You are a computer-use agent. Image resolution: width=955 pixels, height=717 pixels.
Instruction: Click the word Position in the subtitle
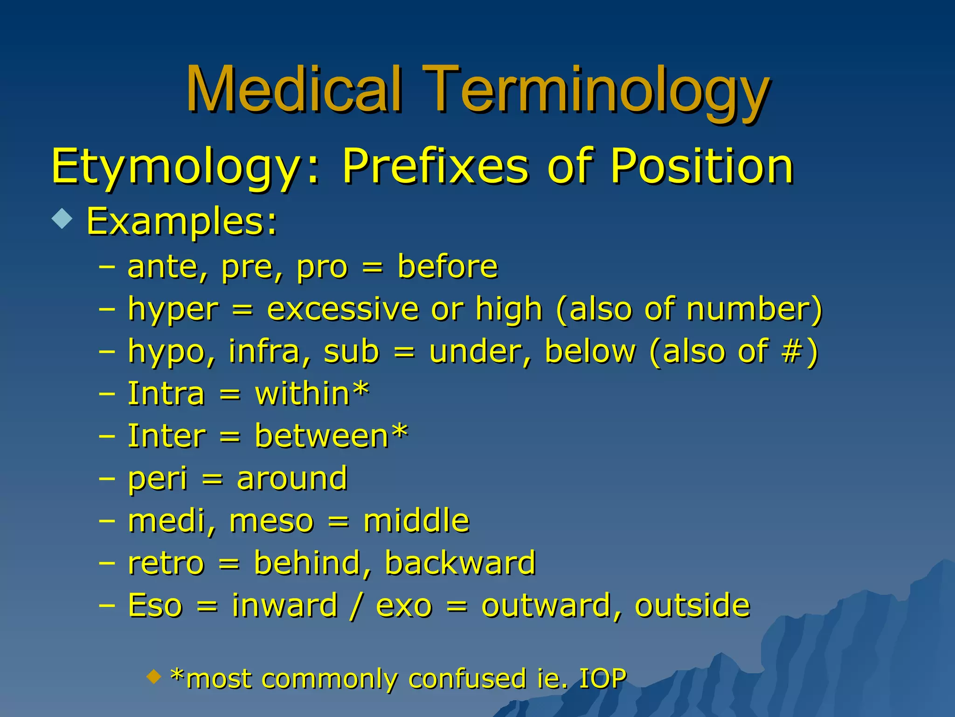click(x=702, y=166)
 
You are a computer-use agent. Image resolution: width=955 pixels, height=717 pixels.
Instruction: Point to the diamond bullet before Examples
click(x=62, y=218)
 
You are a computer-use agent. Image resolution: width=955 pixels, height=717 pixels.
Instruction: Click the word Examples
click(x=182, y=222)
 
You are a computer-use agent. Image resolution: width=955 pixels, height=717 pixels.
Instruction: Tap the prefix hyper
click(x=173, y=310)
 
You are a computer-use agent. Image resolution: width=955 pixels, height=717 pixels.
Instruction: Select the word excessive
click(x=343, y=309)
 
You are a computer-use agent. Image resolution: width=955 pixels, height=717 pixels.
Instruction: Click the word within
click(x=302, y=394)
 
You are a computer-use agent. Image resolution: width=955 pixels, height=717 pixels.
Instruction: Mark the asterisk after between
click(x=400, y=432)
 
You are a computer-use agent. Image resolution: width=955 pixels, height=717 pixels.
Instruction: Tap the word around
click(x=292, y=478)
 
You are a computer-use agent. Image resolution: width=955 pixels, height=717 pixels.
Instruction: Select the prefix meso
click(x=271, y=521)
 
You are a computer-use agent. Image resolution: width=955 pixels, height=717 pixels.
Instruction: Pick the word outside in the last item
click(x=692, y=605)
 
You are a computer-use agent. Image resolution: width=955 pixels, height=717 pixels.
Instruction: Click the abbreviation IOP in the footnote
click(x=602, y=678)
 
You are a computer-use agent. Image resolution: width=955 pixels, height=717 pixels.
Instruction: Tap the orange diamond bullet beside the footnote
click(x=153, y=675)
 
